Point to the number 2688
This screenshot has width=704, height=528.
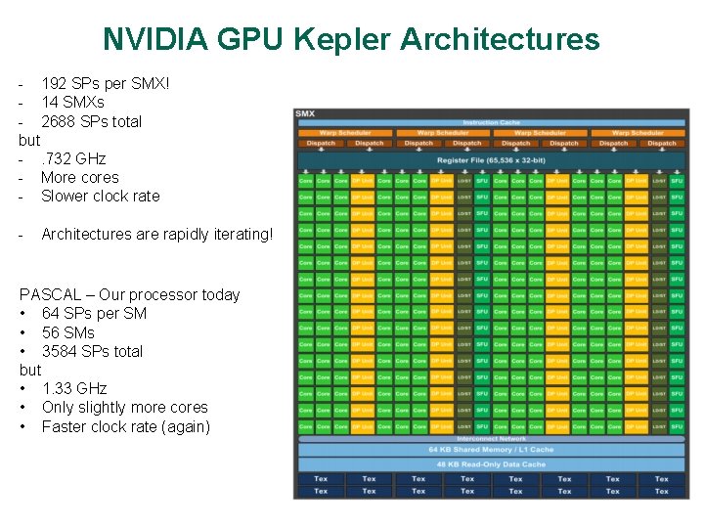tap(62, 121)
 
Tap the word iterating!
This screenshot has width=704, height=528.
tap(235, 234)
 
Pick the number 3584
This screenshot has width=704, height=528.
tap(62, 351)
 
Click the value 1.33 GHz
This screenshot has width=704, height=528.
tap(74, 388)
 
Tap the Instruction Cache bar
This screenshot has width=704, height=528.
tap(492, 122)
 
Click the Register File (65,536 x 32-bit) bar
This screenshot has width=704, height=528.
tap(492, 158)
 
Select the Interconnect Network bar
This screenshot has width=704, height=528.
tap(492, 439)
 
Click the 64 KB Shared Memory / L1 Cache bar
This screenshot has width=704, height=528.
tap(492, 450)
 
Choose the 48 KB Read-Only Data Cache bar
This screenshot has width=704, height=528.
tap(492, 463)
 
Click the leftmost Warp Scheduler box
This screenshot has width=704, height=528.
tap(345, 133)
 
